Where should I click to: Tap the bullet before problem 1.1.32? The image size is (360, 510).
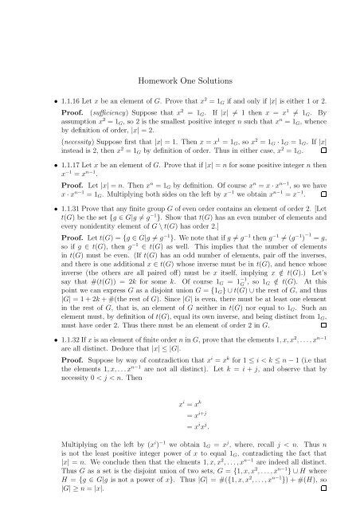pos(37,386)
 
